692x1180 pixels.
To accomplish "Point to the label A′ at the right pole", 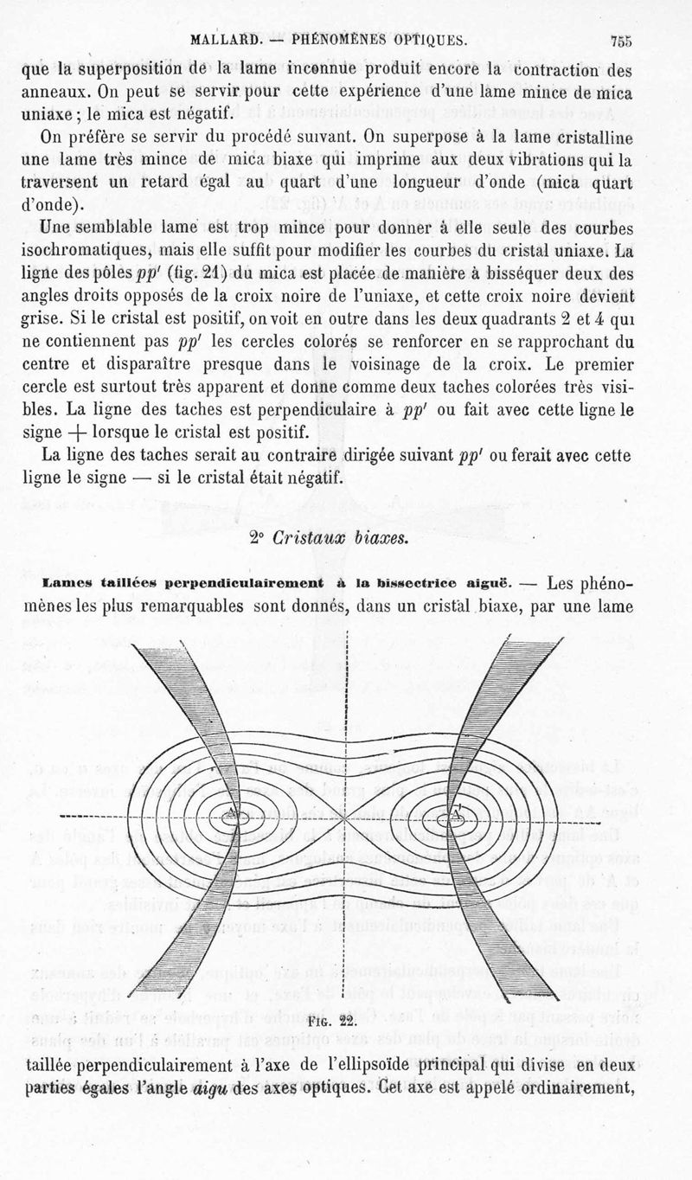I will click(x=456, y=813).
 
